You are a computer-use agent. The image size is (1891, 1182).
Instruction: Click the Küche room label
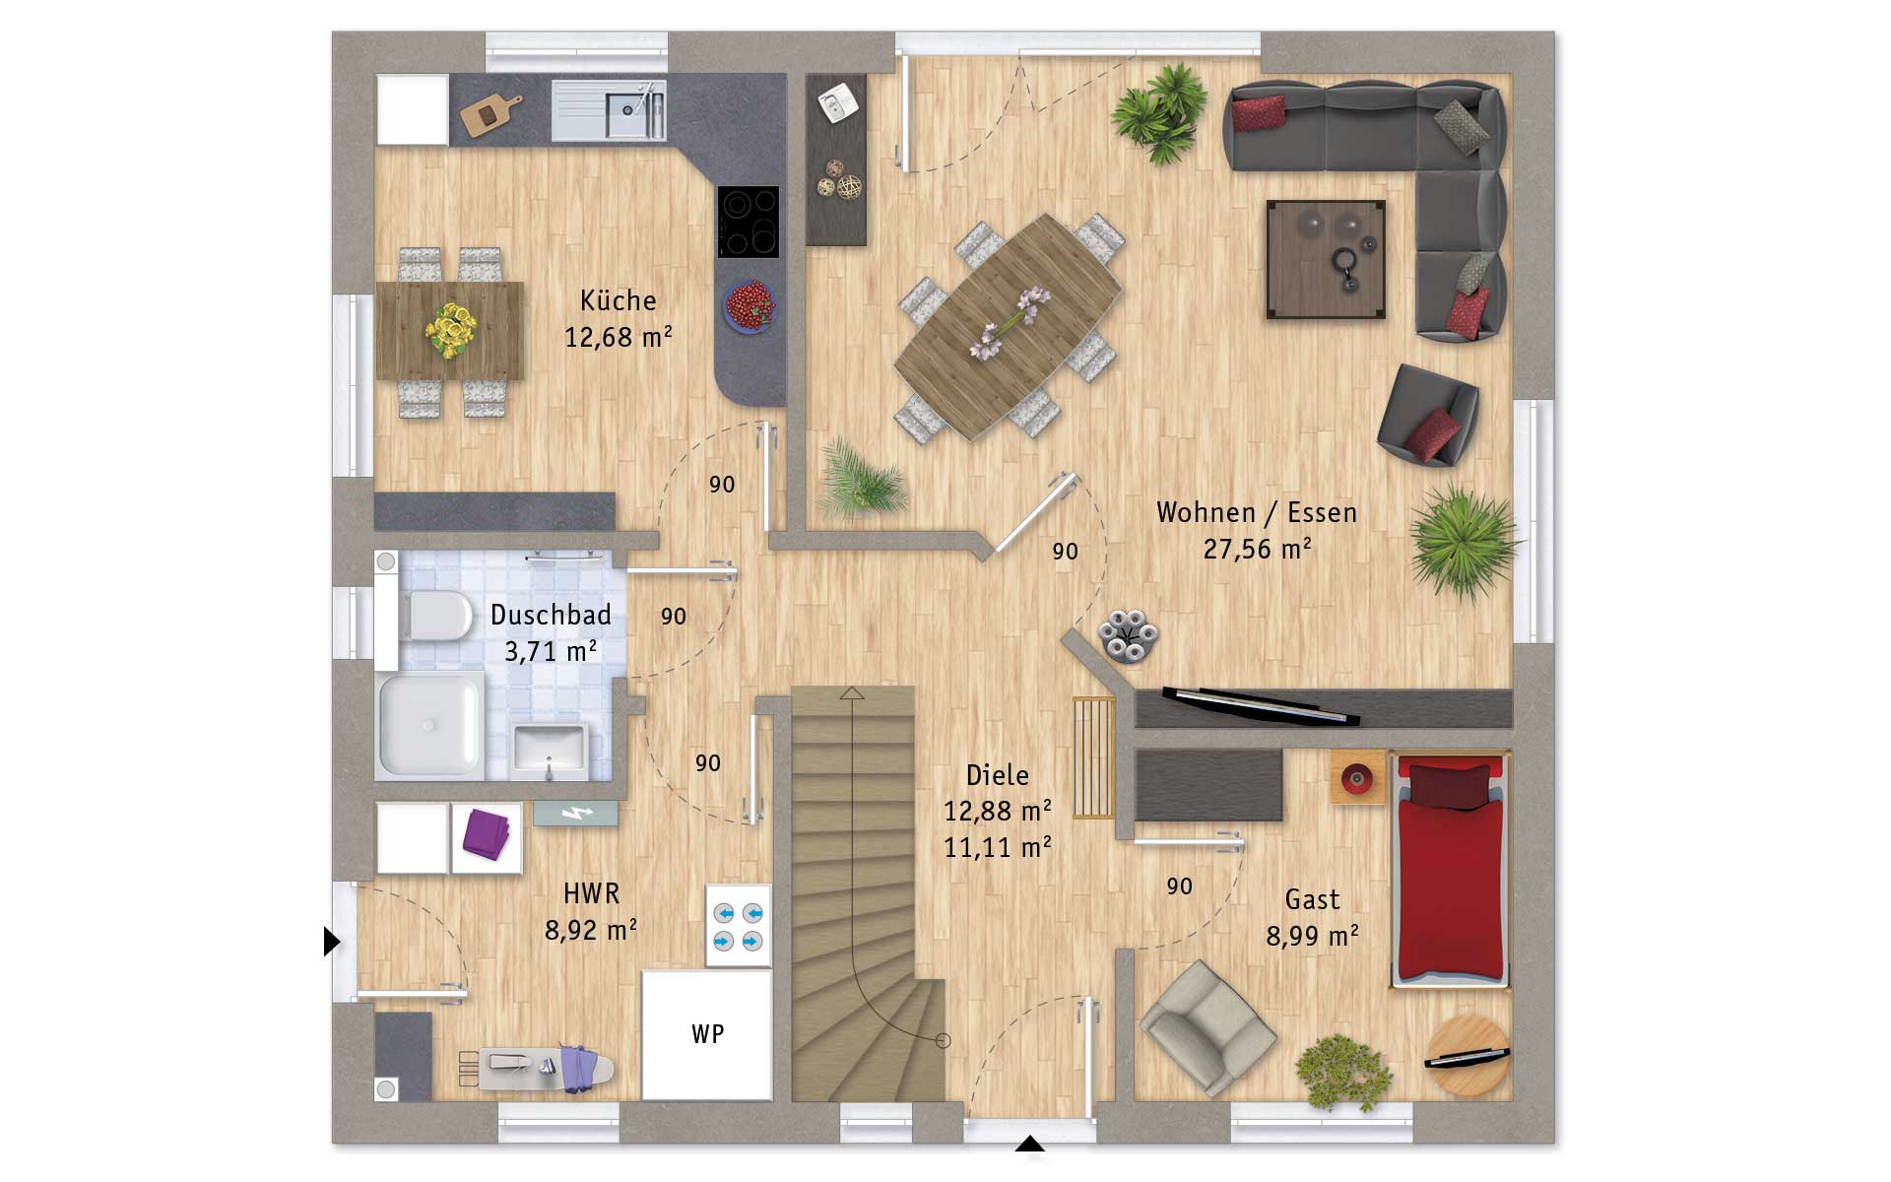pos(618,299)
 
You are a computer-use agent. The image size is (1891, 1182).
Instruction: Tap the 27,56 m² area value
pos(1257,549)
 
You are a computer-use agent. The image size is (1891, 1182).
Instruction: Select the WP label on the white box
pos(707,1033)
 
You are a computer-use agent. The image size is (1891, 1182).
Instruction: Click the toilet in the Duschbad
pos(434,615)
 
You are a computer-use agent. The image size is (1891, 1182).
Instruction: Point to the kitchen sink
pos(608,109)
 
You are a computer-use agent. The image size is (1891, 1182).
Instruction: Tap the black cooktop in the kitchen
pos(748,222)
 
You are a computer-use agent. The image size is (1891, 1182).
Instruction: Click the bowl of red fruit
pos(750,305)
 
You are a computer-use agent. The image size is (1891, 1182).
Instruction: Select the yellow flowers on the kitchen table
pos(452,330)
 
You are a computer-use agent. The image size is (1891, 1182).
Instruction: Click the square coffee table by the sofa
pos(1326,260)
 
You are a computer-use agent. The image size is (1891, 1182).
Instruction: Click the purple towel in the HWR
pos(487,833)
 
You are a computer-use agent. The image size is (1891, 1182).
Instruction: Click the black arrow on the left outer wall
pos(331,942)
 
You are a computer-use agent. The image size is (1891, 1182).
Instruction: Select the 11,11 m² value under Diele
pos(997,847)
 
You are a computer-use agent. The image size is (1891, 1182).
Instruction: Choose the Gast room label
pos(1312,899)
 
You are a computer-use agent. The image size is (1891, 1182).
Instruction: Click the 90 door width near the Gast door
pos(1179,886)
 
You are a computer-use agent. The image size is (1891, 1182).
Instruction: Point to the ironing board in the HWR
pos(537,1067)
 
